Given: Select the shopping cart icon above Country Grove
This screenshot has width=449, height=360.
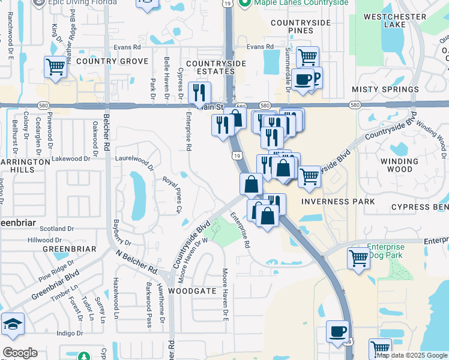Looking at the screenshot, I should [x=55, y=67].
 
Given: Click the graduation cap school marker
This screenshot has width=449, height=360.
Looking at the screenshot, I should [x=13, y=325].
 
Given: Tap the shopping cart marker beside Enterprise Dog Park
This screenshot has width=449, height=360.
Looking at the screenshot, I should [x=358, y=259].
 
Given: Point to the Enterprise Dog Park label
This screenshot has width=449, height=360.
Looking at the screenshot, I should [x=385, y=251].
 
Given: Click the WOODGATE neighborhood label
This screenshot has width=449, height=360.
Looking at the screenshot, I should [x=191, y=290].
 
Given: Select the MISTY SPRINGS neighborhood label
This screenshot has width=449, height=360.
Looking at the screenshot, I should [x=385, y=89].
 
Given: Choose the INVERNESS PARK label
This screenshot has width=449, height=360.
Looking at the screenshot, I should [x=337, y=202].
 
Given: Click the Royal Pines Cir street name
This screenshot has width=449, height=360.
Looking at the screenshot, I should [x=172, y=194].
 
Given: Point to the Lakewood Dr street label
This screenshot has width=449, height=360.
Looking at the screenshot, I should [x=71, y=159].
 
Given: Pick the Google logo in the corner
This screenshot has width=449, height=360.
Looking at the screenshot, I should [x=20, y=353].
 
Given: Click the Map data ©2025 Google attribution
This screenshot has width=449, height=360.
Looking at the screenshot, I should [x=412, y=355].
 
